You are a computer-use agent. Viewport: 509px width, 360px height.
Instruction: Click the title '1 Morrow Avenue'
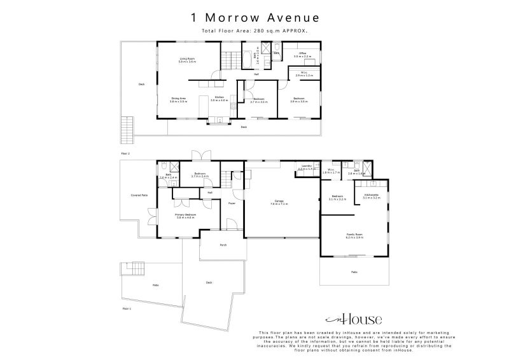254,18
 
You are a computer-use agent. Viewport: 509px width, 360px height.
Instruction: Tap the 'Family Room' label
354,235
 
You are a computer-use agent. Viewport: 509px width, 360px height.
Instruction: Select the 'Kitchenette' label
372,195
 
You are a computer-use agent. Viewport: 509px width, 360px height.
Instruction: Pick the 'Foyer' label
232,204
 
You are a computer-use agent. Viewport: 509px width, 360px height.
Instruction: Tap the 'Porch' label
223,244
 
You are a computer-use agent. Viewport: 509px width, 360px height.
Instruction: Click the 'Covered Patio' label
139,195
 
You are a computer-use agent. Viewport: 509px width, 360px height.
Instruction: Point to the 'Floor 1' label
125,308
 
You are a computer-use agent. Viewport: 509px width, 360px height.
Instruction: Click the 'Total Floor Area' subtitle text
254,30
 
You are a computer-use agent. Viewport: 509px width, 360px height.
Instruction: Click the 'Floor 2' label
125,153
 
